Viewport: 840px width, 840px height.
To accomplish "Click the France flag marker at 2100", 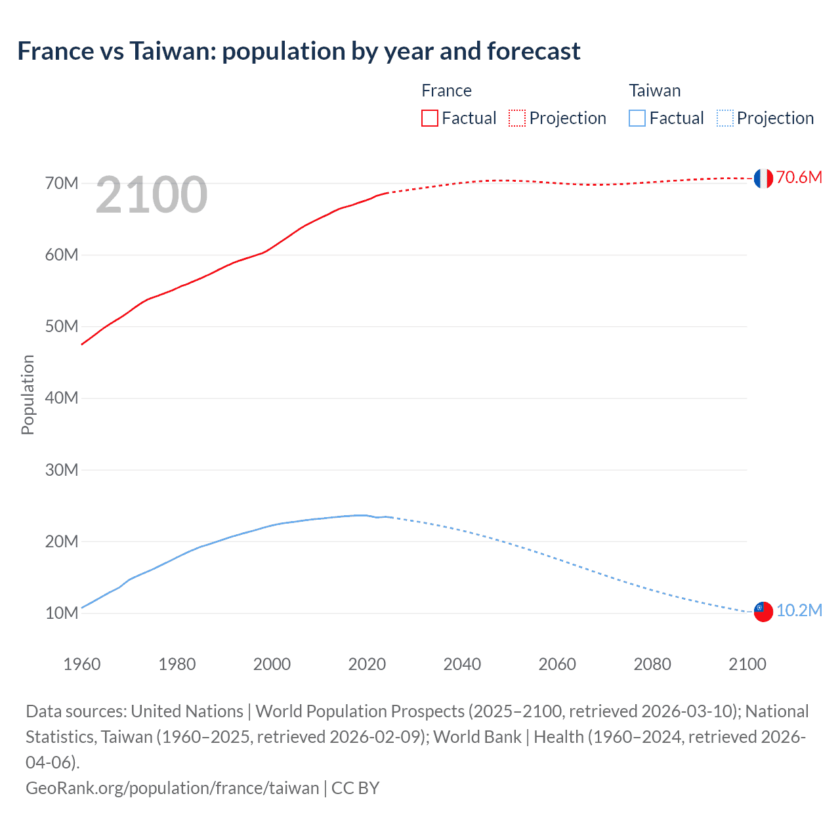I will (x=763, y=178).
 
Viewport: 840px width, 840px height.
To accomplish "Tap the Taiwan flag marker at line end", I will (x=763, y=611).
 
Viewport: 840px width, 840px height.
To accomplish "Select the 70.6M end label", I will (x=799, y=177).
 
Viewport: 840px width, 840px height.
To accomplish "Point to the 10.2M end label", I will (x=799, y=610).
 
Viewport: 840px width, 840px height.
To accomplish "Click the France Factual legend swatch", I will (x=429, y=118).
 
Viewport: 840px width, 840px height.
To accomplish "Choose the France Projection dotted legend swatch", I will (x=517, y=118).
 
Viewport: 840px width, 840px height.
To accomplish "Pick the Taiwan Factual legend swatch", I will (x=637, y=118).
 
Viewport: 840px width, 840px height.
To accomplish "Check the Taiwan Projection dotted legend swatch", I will (x=724, y=118).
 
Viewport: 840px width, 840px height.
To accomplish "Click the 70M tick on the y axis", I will (x=62, y=183).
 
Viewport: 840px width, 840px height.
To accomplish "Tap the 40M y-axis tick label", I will (x=62, y=398).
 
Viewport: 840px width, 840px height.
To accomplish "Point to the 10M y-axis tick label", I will (x=62, y=613).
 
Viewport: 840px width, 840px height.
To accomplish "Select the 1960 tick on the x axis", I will (x=82, y=664).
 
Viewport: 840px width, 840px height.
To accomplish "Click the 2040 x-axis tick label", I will (x=462, y=664).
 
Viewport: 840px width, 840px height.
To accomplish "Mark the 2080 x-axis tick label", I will (x=652, y=664).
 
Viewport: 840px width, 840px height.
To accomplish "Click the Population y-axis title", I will (x=28, y=394).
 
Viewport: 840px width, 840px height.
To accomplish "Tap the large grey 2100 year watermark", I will (x=152, y=195).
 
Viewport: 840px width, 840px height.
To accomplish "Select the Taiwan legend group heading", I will (x=654, y=91).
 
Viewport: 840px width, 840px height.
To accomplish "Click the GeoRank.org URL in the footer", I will (x=172, y=787).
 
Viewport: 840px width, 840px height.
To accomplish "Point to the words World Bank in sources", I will (x=477, y=737).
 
